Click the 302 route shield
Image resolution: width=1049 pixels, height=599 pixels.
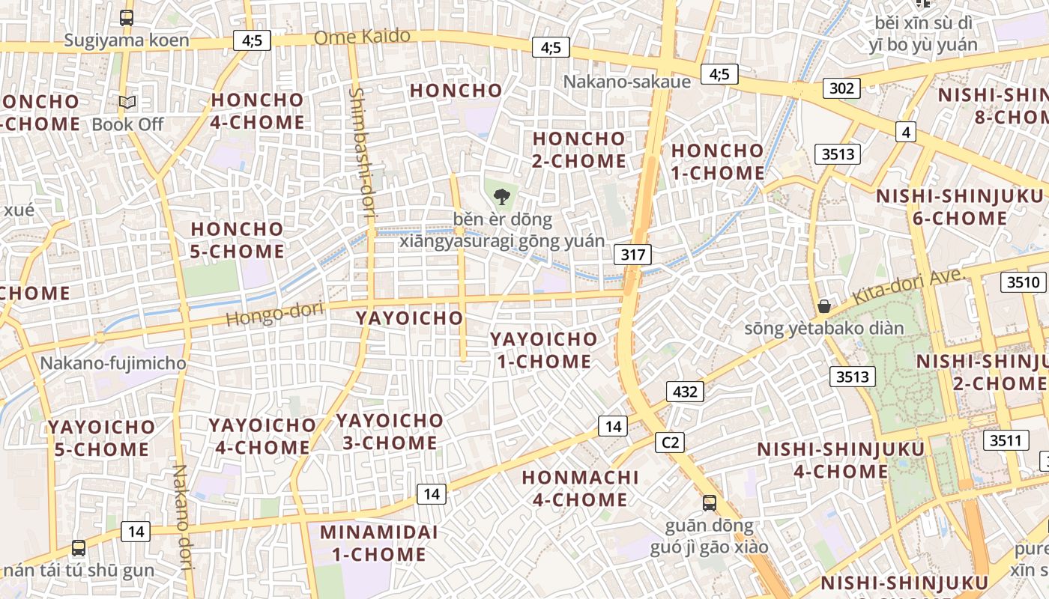click(841, 88)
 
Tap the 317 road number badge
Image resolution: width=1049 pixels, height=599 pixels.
click(633, 255)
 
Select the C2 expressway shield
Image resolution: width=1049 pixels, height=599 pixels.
click(670, 443)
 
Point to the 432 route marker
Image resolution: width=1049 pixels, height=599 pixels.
click(685, 391)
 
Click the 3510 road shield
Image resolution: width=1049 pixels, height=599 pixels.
click(1024, 282)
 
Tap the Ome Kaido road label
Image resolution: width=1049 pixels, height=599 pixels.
click(362, 37)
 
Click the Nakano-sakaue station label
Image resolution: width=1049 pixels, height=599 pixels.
click(626, 81)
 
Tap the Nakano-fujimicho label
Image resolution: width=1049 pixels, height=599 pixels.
click(113, 364)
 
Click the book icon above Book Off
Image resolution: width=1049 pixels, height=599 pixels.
click(127, 102)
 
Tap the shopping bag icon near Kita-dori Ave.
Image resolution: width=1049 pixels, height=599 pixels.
click(824, 305)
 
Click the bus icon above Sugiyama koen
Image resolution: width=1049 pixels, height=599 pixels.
click(127, 18)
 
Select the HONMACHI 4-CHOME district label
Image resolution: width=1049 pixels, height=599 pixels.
click(580, 488)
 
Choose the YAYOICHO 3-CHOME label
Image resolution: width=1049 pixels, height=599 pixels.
click(390, 431)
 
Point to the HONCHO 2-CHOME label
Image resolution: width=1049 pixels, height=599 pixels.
click(578, 150)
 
